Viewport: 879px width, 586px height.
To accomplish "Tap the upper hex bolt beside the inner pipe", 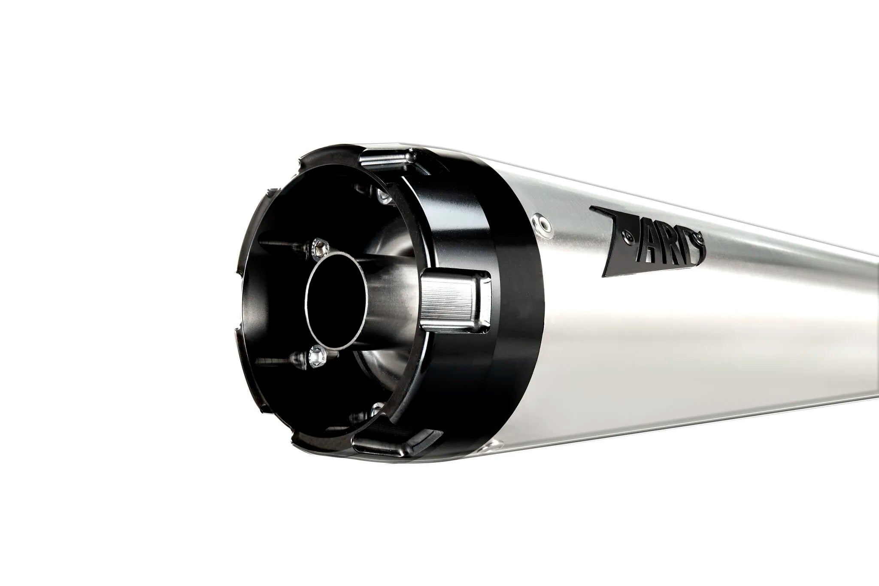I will pyautogui.click(x=318, y=246).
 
